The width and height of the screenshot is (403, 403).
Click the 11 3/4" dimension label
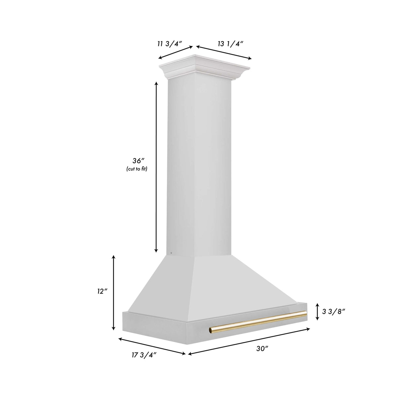[170, 43]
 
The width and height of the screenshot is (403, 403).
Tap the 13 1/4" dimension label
[231, 43]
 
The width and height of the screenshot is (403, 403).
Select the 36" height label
[137, 161]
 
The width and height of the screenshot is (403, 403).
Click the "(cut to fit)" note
[136, 169]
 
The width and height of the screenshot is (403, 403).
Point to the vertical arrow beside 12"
[114, 292]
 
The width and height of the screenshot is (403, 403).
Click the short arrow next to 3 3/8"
[317, 311]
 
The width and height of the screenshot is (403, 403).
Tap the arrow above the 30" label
[249, 342]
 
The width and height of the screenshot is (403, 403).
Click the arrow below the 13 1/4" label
[224, 53]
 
